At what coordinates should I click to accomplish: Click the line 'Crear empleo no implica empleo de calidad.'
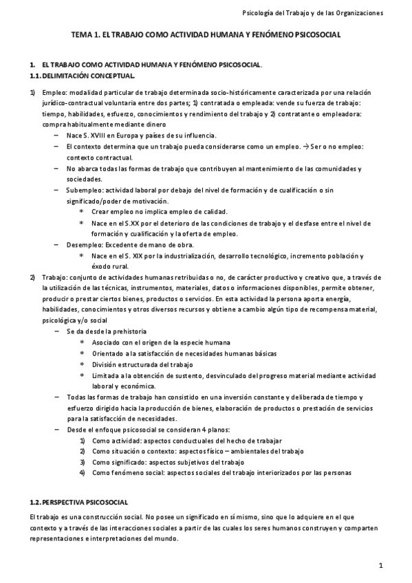pyautogui.click(x=159, y=212)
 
